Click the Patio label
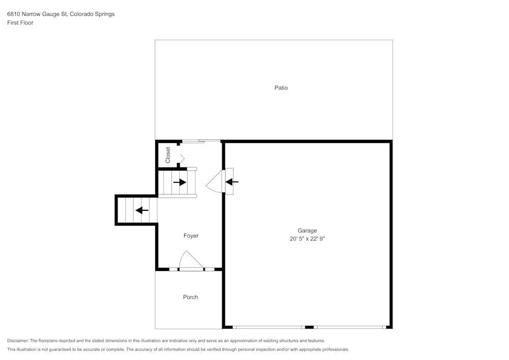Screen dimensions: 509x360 [281, 88]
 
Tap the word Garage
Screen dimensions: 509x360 [307, 231]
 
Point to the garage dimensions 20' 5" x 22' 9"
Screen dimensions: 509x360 [307, 239]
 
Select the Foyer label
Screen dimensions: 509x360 [191, 236]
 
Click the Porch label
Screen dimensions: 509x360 [190, 297]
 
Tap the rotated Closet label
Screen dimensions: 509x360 [168, 155]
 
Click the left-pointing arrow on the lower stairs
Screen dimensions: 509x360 [142, 210]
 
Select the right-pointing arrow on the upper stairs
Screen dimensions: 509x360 [180, 182]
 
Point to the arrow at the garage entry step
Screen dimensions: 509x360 [232, 182]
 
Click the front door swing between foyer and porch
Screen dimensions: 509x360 [191, 260]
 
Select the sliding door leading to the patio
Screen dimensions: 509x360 [201, 141]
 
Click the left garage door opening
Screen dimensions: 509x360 [269, 327]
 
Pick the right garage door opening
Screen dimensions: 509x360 [350, 327]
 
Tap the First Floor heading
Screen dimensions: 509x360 [20, 23]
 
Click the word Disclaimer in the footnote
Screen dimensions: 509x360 [18, 341]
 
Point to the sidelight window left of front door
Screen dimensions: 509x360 [174, 269]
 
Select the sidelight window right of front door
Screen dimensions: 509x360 [209, 269]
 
